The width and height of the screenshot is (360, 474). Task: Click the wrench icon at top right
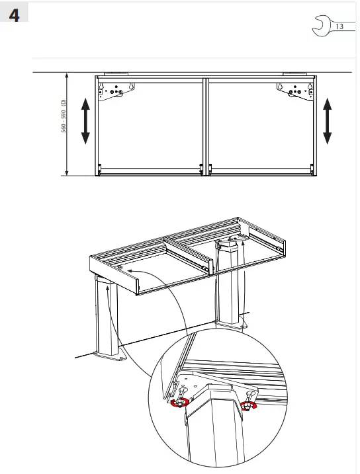coord(329,27)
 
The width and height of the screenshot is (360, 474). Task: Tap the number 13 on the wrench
coord(339,27)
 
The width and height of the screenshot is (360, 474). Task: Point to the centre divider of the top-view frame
coord(206,126)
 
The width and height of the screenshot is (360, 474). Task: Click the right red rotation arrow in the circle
coord(249,407)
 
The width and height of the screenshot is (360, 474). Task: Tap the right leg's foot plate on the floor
coord(233,325)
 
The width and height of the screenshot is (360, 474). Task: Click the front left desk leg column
coord(106,317)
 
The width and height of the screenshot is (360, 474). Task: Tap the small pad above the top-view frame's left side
coord(112,73)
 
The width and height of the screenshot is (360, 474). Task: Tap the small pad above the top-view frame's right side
coord(292,73)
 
